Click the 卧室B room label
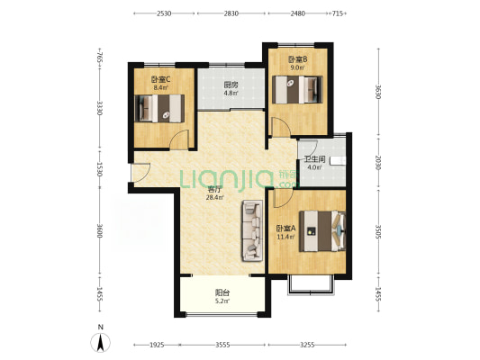(x=298, y=58)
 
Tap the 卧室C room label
(x=160, y=79)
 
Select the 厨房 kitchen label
(x=231, y=85)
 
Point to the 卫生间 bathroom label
(x=314, y=159)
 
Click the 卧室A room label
(x=285, y=229)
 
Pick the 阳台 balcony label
(x=222, y=292)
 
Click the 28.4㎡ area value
(x=214, y=197)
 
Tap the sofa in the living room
(x=252, y=230)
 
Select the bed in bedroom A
(x=322, y=231)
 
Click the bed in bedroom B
(x=297, y=90)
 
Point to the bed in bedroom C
(x=159, y=109)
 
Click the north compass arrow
(x=100, y=342)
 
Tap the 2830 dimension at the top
(x=231, y=13)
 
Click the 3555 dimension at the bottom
(x=222, y=345)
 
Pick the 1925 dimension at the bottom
(x=157, y=345)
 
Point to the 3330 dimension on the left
(x=99, y=108)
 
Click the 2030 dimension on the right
(x=378, y=163)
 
